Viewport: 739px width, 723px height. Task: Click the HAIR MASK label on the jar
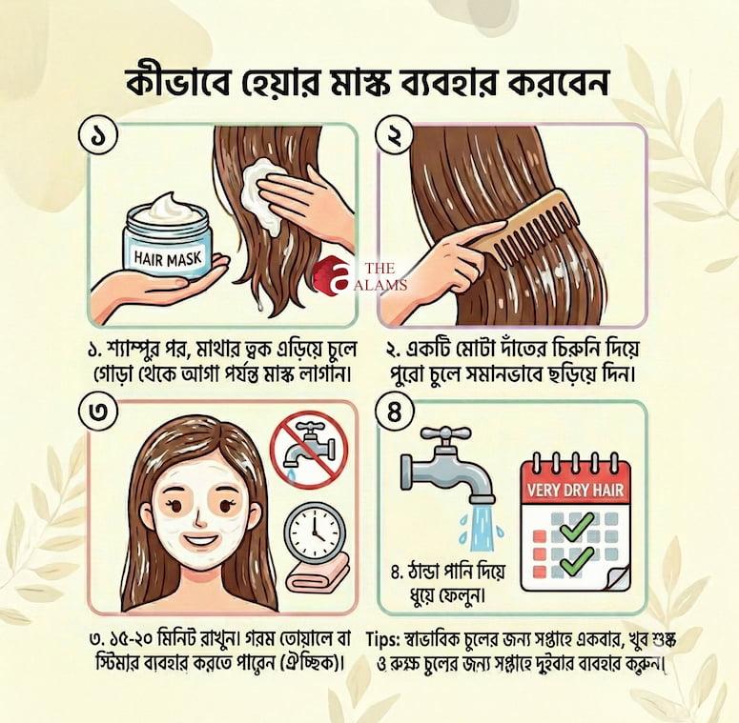coord(168,258)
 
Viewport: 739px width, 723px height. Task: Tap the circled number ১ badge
coord(98,136)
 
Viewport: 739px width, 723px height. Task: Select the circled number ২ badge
coord(394,136)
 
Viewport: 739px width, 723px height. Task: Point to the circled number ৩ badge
coord(98,412)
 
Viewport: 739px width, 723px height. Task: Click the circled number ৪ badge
coord(394,412)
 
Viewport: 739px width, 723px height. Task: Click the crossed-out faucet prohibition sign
coord(309,449)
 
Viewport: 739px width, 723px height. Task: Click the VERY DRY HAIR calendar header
coord(575,490)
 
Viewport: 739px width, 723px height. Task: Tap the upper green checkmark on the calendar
coord(576,526)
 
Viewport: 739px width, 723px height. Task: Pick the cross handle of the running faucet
coord(445,433)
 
